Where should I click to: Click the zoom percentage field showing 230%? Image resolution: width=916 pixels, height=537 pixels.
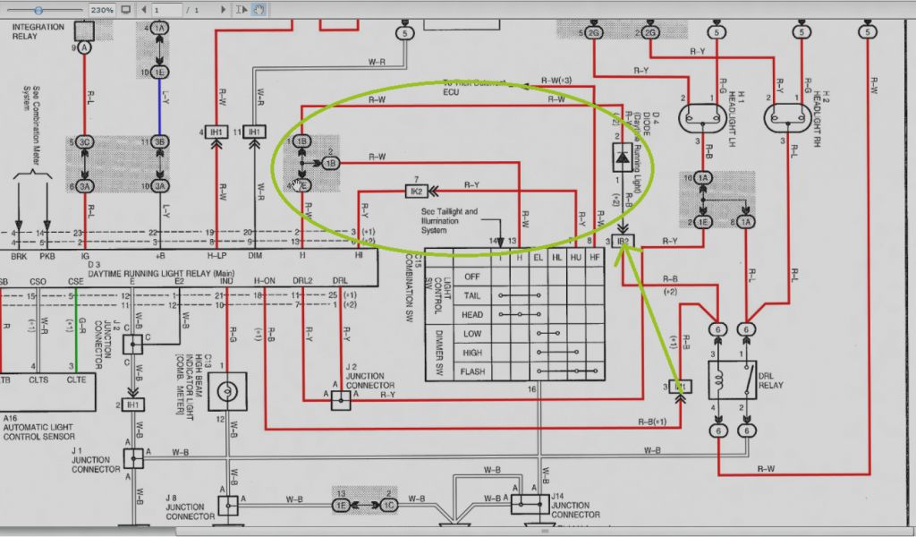[x=101, y=10]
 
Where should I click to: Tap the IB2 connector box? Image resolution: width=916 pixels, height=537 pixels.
[x=624, y=242]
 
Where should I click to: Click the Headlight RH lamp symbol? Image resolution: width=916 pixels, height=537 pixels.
[x=785, y=117]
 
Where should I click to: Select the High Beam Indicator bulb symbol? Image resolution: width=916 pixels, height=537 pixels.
[x=228, y=391]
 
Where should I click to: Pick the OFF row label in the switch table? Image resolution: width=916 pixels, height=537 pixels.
[x=472, y=277]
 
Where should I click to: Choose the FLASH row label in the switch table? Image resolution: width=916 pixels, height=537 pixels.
[x=472, y=371]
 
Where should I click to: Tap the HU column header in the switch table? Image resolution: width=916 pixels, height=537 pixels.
[x=576, y=258]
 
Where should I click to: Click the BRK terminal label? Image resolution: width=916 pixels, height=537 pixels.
[x=19, y=256]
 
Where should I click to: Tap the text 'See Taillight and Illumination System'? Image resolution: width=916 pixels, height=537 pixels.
[x=450, y=220]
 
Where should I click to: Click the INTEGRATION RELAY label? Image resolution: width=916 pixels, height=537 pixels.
[x=38, y=31]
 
